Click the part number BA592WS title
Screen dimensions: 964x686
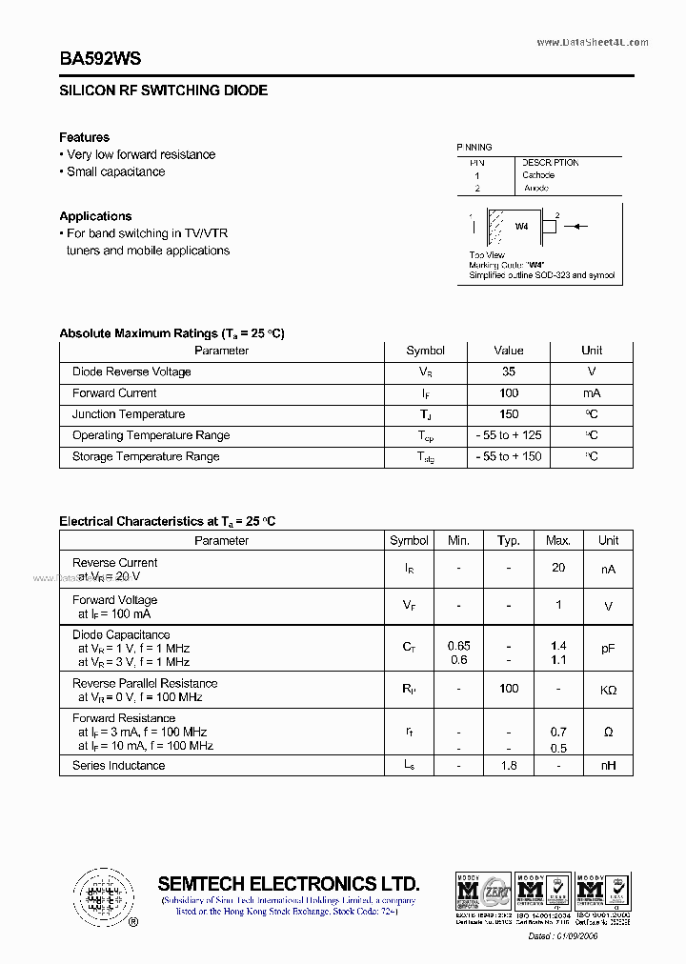click(100, 59)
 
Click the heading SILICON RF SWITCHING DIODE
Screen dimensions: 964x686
click(163, 90)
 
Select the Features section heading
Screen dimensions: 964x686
click(84, 137)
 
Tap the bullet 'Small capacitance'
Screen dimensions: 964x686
click(115, 172)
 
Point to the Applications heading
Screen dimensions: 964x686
click(95, 216)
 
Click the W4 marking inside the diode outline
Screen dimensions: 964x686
click(521, 227)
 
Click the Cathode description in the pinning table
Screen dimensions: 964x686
click(538, 175)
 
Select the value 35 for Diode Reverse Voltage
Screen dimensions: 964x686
click(509, 372)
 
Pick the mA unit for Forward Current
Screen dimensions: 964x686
click(591, 393)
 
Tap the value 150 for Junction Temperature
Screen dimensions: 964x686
click(509, 414)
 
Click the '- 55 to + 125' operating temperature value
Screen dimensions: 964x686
click(509, 435)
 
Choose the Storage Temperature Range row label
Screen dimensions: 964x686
click(146, 457)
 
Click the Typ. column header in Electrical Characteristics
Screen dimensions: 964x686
click(509, 540)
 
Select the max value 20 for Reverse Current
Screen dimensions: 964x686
click(558, 568)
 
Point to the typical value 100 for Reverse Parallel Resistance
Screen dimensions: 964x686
click(509, 688)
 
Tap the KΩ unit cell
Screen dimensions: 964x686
click(608, 690)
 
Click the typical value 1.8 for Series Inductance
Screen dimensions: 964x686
click(509, 765)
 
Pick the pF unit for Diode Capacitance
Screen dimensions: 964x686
click(608, 648)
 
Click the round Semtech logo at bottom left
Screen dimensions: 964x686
click(97, 894)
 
